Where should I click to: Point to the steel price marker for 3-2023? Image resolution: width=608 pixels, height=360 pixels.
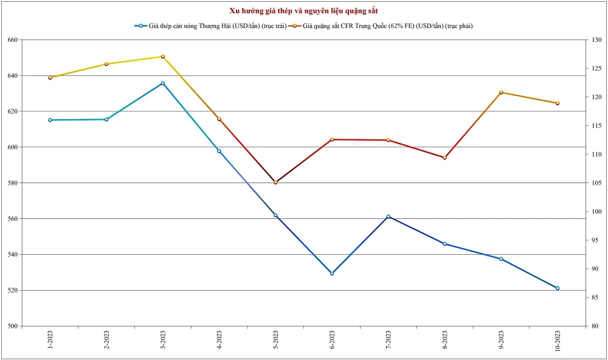coord(162,83)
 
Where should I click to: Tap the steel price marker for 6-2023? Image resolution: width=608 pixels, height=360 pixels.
coord(332,274)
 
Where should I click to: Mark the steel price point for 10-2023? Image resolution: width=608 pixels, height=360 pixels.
coord(558,288)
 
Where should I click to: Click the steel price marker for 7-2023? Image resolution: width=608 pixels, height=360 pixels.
coord(389,216)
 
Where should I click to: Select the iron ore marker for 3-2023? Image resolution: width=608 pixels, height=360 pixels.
coord(162,57)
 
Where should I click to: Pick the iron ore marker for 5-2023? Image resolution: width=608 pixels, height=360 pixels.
coord(275,182)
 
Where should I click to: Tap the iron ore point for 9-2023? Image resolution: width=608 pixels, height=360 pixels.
coord(501,92)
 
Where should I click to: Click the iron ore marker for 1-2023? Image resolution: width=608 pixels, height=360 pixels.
coord(50,78)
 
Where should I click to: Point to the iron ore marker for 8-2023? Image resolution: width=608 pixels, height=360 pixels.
coord(444,157)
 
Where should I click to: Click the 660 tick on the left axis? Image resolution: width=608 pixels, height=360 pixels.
coord(12,40)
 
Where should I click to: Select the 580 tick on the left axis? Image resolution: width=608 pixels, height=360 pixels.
coord(12,183)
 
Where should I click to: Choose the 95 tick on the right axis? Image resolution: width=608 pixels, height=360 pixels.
coord(594,240)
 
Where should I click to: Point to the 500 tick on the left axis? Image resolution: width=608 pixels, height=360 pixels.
coord(12,326)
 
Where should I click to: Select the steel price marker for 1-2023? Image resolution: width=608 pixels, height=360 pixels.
coord(50,120)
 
